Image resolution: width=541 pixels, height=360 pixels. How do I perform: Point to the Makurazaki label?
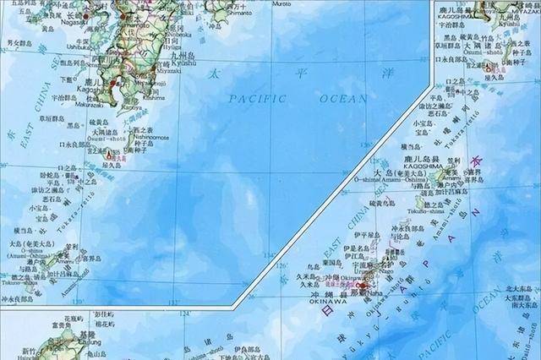pos(89,106)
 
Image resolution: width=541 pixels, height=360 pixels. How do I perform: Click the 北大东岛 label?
pos(518,288)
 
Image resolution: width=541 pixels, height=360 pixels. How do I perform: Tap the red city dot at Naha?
pos(361,287)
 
